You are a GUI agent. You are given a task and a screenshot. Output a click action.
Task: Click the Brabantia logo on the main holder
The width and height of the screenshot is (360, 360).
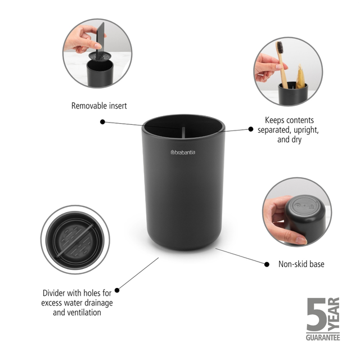(183, 152)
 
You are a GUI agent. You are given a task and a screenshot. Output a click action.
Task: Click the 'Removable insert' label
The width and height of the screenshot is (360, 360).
(99, 105)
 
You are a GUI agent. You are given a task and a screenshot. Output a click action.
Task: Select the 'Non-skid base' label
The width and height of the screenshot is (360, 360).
(301, 263)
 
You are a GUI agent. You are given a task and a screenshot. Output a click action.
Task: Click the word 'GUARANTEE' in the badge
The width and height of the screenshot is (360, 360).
(323, 338)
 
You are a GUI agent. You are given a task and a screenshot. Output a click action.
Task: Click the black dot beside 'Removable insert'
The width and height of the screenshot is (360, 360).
(102, 121)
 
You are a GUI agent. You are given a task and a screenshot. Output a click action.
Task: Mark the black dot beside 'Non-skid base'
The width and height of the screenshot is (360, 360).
(265, 263)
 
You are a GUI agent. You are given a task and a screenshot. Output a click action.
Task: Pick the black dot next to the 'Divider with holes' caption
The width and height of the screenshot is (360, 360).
(117, 291)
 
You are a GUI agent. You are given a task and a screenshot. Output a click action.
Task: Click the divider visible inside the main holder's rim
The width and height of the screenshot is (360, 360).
(184, 130)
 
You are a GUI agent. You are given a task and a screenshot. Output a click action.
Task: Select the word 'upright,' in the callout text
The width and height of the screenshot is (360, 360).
(307, 130)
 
